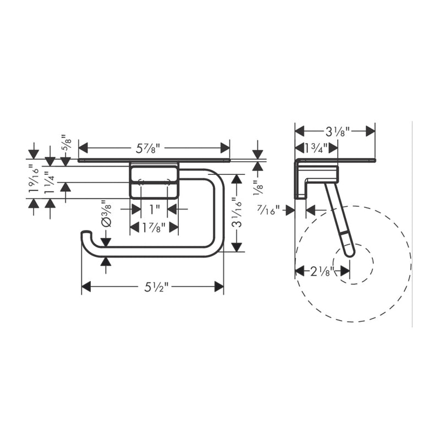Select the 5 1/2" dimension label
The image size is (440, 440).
coord(156,287)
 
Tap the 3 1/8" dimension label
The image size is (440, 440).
coord(338,131)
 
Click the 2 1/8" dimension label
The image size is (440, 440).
coord(322,272)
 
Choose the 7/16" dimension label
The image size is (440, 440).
coord(269,210)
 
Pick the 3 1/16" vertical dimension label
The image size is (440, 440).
coord(238,212)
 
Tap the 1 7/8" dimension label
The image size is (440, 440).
coord(154,227)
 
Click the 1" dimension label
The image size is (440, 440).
coord(154,210)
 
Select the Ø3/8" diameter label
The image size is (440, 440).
coord(107,213)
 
